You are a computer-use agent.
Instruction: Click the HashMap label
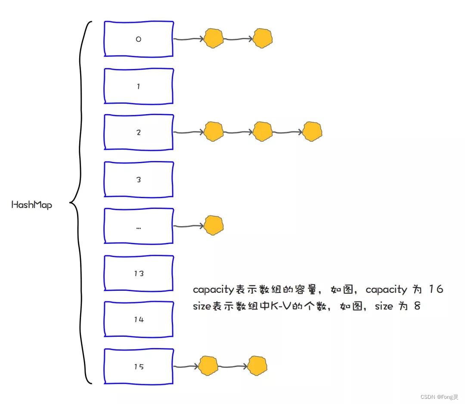(31, 205)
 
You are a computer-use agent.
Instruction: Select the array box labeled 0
(139, 39)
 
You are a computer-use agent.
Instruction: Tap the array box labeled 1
(139, 86)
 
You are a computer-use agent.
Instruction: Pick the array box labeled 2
(139, 132)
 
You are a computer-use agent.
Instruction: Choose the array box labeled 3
(139, 180)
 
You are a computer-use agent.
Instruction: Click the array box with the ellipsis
(139, 227)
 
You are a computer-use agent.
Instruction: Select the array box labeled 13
(139, 273)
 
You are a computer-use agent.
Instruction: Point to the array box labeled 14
(139, 319)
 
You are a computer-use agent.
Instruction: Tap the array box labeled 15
(139, 367)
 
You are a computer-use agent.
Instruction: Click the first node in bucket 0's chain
(214, 38)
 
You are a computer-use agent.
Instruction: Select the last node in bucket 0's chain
(263, 38)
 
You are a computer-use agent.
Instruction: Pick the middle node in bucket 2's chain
(263, 132)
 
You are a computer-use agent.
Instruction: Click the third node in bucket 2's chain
(312, 132)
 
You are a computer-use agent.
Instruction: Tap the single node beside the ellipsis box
(214, 225)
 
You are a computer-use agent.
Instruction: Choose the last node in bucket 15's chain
(257, 366)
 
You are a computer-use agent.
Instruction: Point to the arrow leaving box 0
(188, 39)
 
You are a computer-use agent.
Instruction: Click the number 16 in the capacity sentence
(436, 289)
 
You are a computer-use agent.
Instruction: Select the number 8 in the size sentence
(416, 306)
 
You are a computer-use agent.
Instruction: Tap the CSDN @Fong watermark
(439, 397)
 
